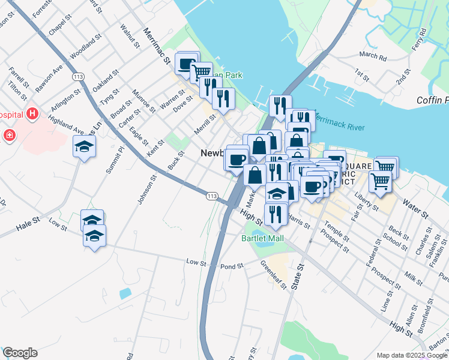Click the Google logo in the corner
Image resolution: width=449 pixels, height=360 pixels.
(20, 353)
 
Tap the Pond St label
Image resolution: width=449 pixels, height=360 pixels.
(232, 266)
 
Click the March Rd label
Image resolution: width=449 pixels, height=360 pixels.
(373, 56)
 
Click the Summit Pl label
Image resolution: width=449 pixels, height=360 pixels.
(115, 160)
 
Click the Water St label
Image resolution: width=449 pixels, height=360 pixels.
(415, 210)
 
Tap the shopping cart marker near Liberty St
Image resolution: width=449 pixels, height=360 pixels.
(381, 180)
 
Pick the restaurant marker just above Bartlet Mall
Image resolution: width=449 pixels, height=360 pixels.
(276, 214)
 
